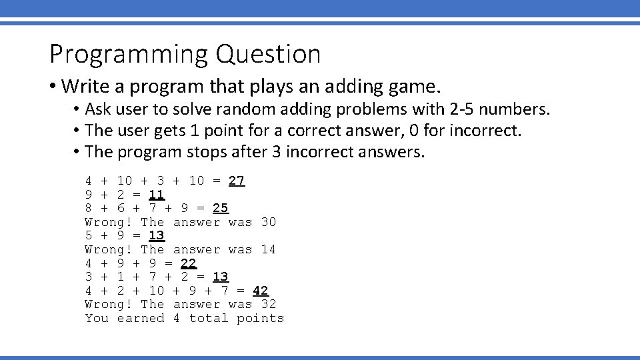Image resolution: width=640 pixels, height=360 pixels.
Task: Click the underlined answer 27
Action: click(x=237, y=181)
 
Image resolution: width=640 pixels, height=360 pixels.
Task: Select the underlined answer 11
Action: click(x=157, y=195)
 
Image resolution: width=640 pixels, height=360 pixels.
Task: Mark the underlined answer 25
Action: click(x=221, y=208)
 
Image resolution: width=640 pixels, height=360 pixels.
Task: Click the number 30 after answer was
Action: click(x=268, y=222)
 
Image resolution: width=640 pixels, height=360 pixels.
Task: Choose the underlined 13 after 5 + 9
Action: click(x=157, y=235)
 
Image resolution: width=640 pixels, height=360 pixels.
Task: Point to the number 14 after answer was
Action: click(x=268, y=249)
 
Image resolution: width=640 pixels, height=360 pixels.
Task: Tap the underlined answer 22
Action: click(x=189, y=263)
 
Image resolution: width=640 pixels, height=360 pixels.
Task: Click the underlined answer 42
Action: click(x=261, y=291)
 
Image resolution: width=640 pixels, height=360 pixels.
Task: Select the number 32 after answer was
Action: click(x=268, y=304)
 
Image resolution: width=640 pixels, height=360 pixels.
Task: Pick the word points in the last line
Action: click(x=261, y=318)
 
